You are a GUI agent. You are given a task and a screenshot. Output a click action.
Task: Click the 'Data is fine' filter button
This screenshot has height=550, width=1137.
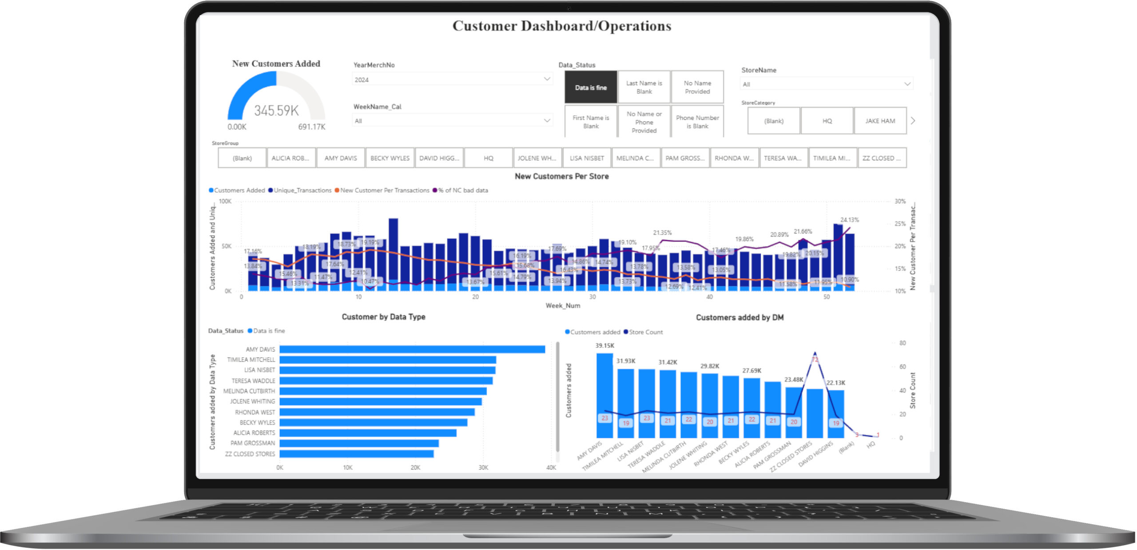[590, 87]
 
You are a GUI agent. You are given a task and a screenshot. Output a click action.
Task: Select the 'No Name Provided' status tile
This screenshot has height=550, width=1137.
[697, 87]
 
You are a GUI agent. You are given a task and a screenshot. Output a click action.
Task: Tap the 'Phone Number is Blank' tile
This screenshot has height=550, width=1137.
[697, 122]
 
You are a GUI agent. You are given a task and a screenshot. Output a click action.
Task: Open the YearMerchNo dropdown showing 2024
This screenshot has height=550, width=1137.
[452, 79]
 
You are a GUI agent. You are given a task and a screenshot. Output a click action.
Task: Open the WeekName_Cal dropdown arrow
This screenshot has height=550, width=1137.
[547, 120]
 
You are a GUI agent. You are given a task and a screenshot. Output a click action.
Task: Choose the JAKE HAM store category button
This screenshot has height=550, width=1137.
[879, 121]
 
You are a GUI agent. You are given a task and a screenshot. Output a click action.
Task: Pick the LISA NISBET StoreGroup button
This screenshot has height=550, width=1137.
[586, 158]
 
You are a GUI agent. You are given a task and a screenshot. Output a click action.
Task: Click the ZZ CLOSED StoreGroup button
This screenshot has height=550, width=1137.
[881, 158]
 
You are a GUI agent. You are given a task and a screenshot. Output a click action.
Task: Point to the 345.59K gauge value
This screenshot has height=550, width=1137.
[276, 111]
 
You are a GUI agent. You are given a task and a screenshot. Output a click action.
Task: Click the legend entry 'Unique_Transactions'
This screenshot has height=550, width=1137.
[302, 190]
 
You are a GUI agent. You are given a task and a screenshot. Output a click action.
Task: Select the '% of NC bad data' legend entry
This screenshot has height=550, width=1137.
[462, 190]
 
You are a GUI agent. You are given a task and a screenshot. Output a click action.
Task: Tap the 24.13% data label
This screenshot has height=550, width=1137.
[849, 220]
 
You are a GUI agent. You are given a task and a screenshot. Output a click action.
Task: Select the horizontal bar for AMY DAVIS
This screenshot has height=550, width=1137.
[412, 349]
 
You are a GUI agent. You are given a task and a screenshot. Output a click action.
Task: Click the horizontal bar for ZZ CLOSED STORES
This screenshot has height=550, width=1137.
[356, 454]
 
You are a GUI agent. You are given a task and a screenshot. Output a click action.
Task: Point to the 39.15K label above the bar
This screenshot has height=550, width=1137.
[604, 345]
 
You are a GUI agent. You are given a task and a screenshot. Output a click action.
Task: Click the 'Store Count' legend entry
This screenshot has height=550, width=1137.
[645, 332]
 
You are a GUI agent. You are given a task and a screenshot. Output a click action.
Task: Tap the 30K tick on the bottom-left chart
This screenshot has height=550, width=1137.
[483, 467]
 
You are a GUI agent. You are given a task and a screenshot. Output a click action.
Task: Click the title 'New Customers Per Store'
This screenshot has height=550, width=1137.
[561, 176]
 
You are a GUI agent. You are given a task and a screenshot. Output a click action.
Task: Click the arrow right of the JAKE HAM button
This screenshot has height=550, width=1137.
[913, 121]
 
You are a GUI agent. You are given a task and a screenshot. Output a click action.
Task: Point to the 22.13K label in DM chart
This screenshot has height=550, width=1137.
[835, 383]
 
